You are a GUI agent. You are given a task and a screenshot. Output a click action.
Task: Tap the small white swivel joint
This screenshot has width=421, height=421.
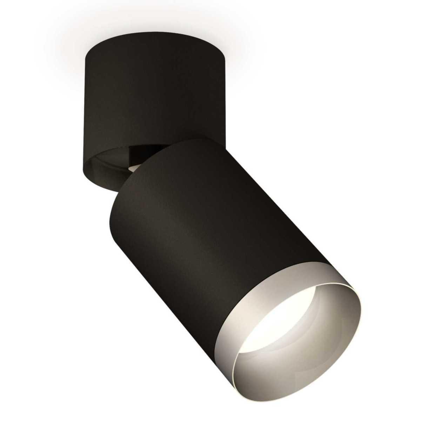(141, 169)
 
